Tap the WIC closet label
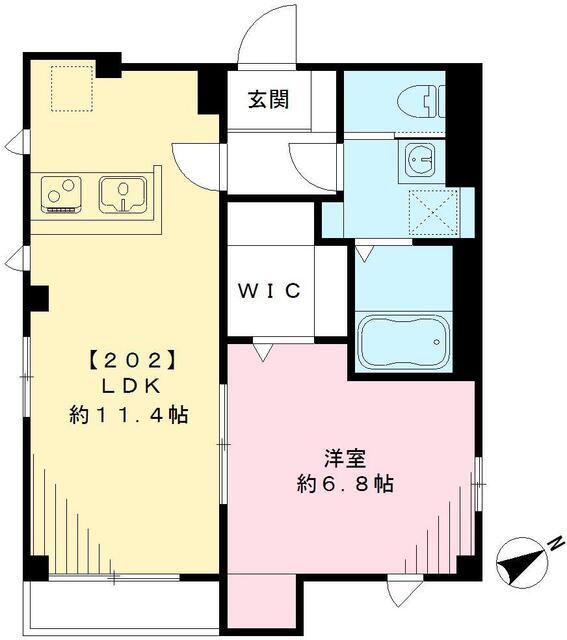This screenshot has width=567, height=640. [269, 291]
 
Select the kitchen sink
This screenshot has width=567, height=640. [124, 194]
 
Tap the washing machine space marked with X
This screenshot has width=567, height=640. [433, 211]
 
